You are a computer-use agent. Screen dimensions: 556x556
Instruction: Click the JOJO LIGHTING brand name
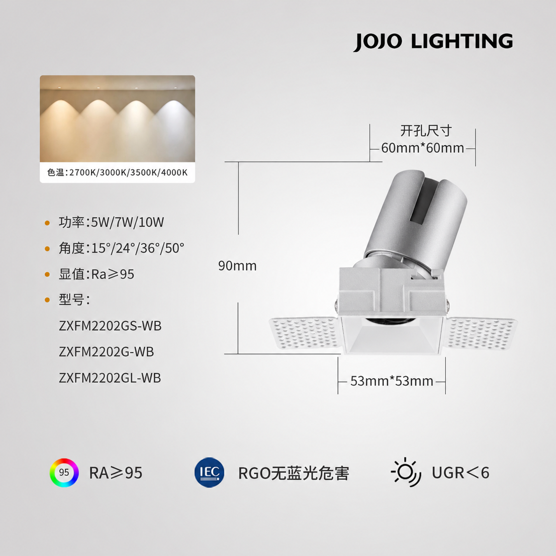pos(433,42)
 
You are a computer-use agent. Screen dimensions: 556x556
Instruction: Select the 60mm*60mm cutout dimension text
pos(422,148)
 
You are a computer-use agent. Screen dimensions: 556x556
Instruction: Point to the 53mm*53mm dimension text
pos(392,381)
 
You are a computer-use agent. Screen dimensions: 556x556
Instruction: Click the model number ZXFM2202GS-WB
pos(110,326)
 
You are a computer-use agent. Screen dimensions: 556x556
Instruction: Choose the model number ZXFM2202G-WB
pos(106,352)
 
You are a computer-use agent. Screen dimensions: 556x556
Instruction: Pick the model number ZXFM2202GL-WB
pos(110,378)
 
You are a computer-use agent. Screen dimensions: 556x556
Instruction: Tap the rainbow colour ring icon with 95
pos(64,473)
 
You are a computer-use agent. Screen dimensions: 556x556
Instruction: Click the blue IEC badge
pos(210,472)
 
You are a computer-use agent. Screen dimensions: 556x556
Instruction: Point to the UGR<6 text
pos(460,473)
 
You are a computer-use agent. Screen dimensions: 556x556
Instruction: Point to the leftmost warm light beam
pos(59,127)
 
